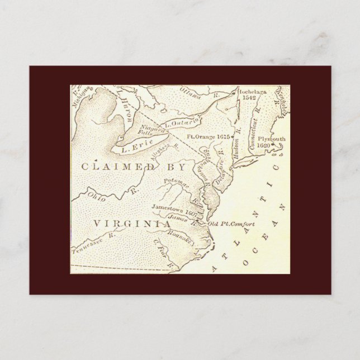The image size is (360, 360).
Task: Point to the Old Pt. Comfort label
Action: (x=231, y=224)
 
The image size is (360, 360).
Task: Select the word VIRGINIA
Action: (x=131, y=224)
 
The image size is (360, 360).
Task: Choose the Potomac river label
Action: (x=177, y=183)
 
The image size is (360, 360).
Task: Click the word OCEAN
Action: (x=265, y=234)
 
